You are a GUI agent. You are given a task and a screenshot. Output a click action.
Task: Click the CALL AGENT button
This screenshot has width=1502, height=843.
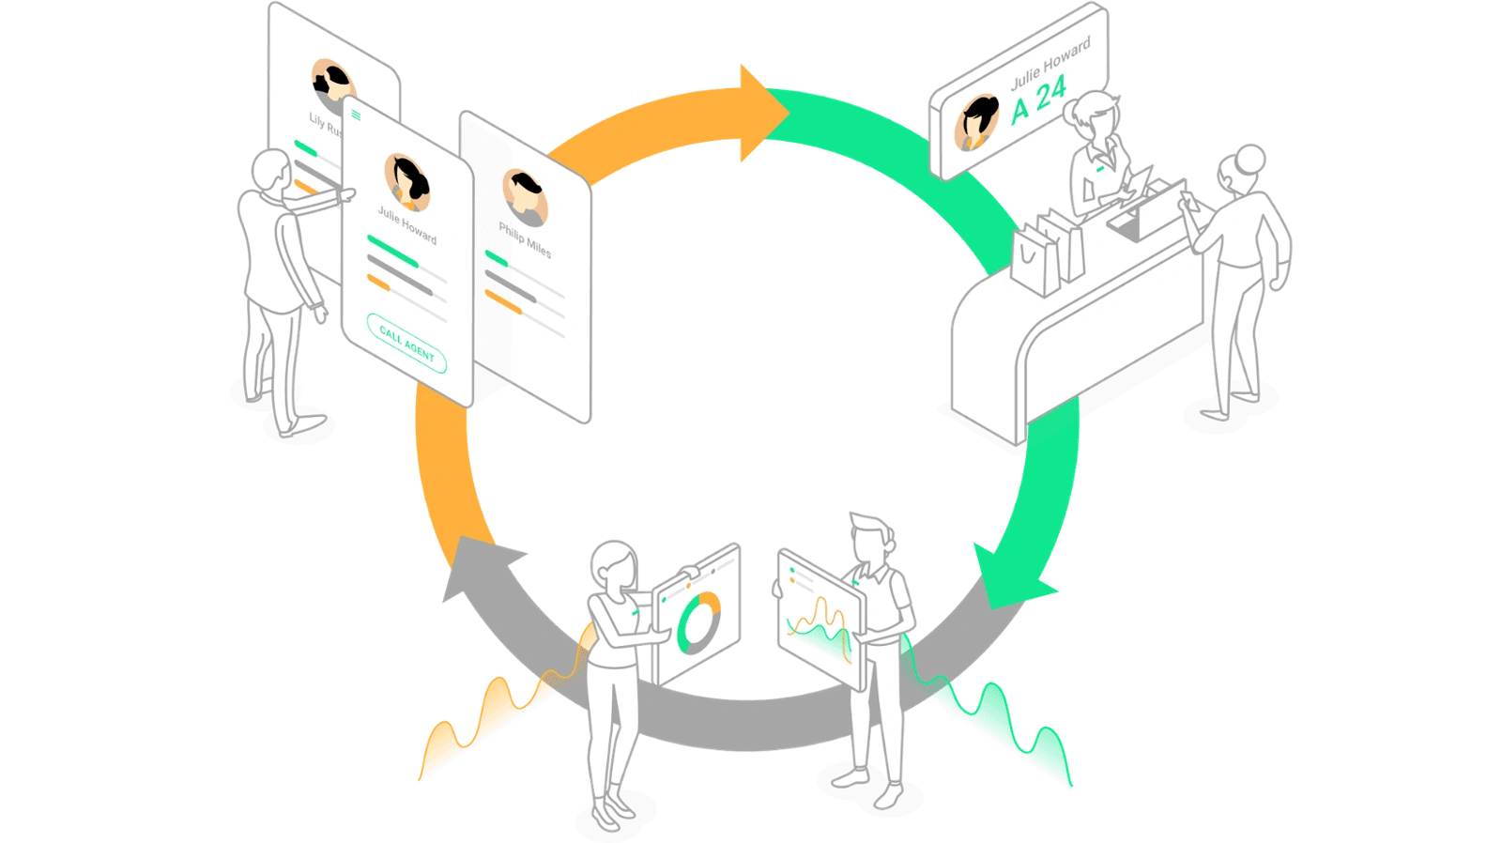406,344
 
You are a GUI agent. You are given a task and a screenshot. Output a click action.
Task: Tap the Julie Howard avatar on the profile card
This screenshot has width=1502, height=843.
406,180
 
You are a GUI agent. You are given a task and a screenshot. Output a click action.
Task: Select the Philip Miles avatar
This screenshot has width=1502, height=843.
524,196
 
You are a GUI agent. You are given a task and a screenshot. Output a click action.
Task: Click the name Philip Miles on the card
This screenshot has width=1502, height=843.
525,240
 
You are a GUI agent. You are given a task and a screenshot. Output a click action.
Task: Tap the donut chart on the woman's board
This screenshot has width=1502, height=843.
698,621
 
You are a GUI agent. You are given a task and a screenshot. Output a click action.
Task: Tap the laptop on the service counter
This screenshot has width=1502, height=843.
1141,212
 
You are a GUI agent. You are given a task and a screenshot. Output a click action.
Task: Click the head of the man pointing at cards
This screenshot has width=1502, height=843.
273,172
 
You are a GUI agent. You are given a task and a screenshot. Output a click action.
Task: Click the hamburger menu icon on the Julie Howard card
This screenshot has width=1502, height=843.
356,115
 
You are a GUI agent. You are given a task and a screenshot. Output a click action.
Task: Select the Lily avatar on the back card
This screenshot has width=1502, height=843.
331,84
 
